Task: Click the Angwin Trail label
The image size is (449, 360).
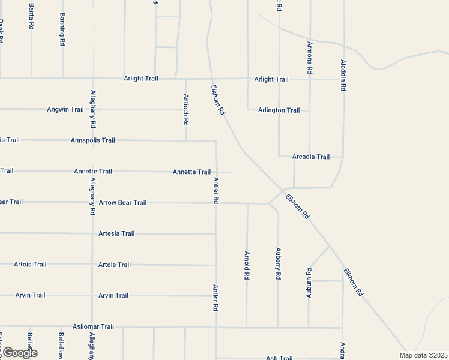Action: (x=65, y=109)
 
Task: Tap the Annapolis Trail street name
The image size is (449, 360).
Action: (x=92, y=140)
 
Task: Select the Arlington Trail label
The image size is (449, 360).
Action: (x=279, y=110)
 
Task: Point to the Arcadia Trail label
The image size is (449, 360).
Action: (x=310, y=157)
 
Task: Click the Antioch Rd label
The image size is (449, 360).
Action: (x=186, y=109)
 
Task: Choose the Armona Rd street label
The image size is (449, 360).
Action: (x=310, y=58)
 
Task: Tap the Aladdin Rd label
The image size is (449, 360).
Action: (x=343, y=75)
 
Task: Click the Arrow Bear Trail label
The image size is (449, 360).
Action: (x=122, y=203)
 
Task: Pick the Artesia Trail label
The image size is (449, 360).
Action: (x=116, y=233)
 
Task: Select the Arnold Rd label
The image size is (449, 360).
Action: (x=247, y=266)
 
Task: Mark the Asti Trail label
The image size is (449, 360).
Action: (x=279, y=358)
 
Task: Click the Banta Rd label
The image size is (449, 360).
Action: (x=31, y=16)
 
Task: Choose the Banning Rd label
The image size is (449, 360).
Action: (x=62, y=29)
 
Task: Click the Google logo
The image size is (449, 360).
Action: (x=19, y=353)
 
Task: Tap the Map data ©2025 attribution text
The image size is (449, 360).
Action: (x=424, y=355)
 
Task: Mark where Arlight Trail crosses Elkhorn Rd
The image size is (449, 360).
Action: (x=211, y=79)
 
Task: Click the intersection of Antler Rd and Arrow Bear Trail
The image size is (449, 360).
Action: (x=216, y=203)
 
